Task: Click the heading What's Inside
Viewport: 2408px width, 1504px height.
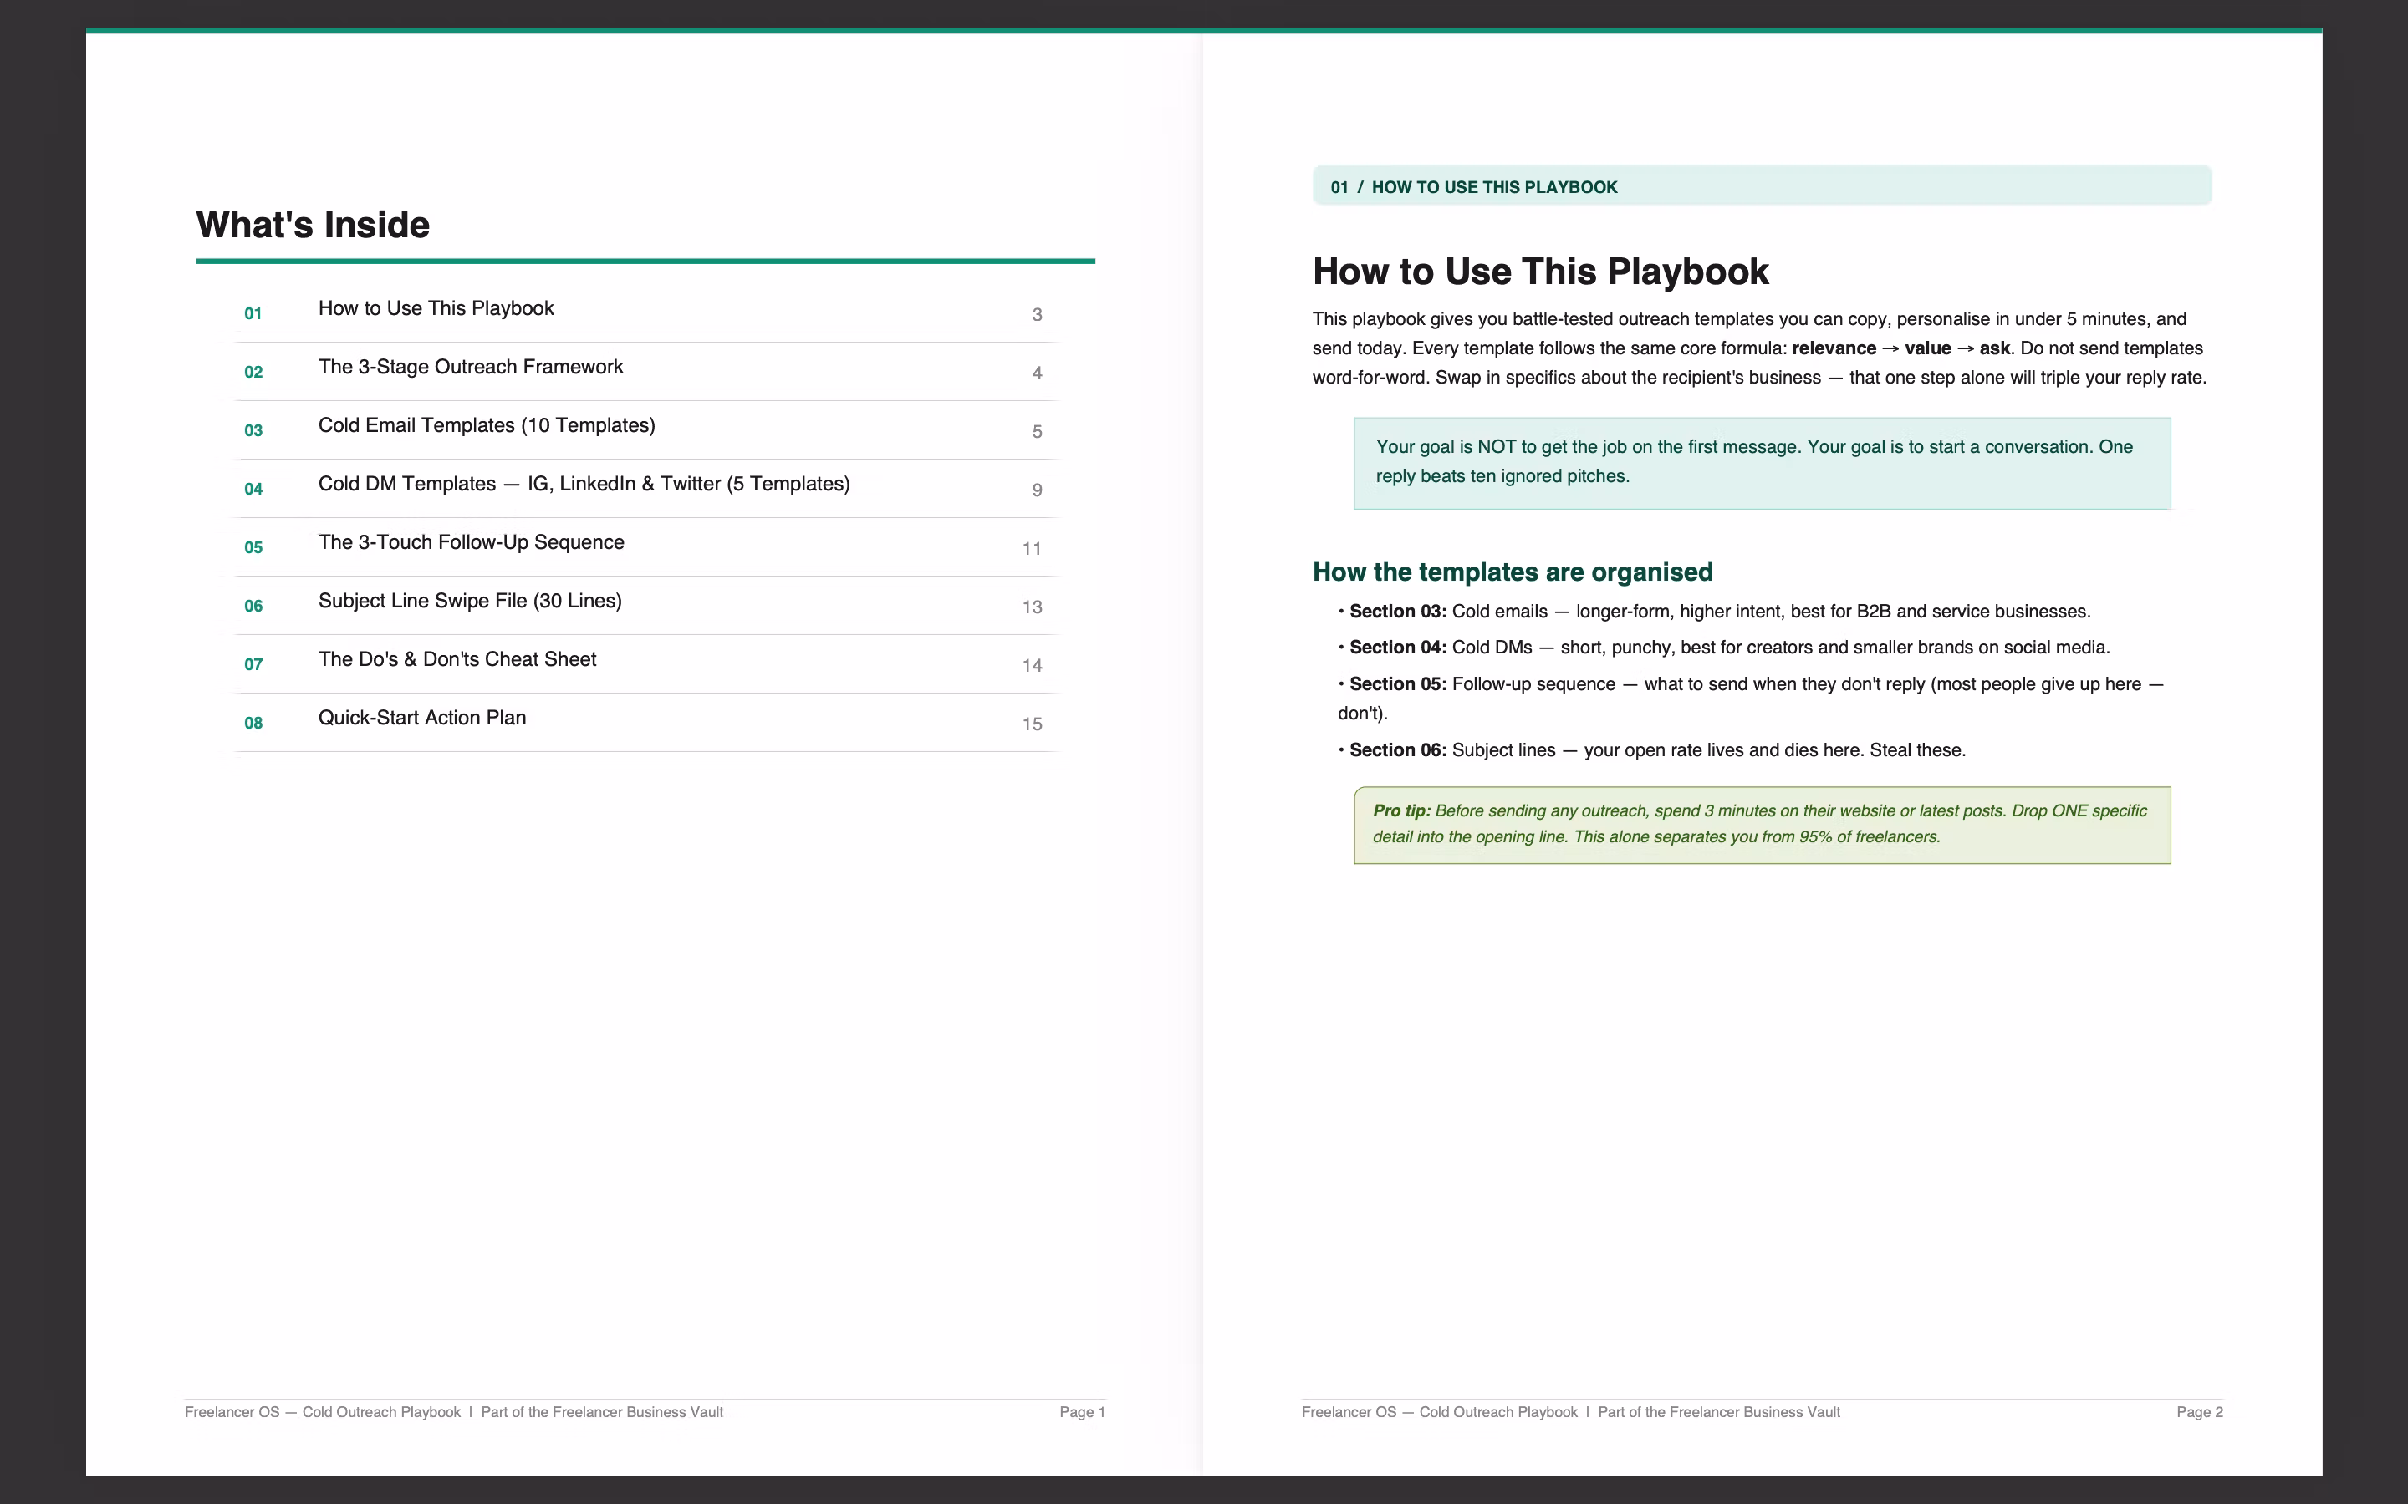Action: point(313,225)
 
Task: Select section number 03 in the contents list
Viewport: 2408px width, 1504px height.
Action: point(253,430)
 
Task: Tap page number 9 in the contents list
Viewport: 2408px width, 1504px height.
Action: point(1037,490)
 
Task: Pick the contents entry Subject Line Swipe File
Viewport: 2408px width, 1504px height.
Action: point(470,601)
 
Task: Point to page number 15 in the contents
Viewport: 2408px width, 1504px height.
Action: point(1032,724)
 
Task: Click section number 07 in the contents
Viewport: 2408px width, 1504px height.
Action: point(253,664)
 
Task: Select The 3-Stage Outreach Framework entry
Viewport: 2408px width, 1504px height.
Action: point(471,367)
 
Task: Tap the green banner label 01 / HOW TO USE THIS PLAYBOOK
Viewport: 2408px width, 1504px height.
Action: point(1474,187)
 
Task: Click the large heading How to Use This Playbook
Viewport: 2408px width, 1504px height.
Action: point(1540,272)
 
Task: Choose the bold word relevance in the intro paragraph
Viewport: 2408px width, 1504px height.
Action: point(1834,348)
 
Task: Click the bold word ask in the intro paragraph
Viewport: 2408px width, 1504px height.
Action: point(1994,348)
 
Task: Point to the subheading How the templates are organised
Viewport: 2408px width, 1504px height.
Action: point(1513,572)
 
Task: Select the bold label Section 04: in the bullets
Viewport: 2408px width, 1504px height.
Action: point(1398,648)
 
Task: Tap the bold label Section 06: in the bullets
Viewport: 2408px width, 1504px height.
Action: point(1398,750)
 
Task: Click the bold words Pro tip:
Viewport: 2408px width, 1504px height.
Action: point(1402,810)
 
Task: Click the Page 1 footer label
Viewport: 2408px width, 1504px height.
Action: point(1083,1412)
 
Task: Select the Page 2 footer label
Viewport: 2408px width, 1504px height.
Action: point(2199,1412)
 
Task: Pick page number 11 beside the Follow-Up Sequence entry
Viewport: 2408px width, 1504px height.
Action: point(1032,549)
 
